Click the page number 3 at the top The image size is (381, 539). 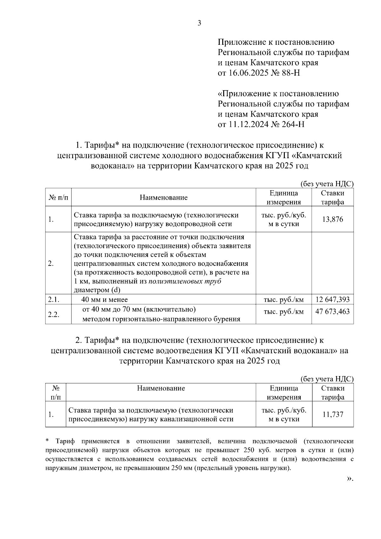tap(199, 23)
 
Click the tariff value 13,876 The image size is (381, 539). tap(332, 219)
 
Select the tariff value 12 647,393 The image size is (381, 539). tap(332, 299)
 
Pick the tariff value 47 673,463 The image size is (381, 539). tap(332, 312)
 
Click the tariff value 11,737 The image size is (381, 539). tap(333, 414)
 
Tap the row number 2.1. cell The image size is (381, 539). tap(54, 299)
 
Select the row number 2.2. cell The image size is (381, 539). tap(54, 314)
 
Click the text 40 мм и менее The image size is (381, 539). tap(104, 299)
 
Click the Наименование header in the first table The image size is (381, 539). tap(164, 198)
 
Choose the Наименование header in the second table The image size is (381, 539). tap(161, 388)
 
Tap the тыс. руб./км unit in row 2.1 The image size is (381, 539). tap(284, 299)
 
